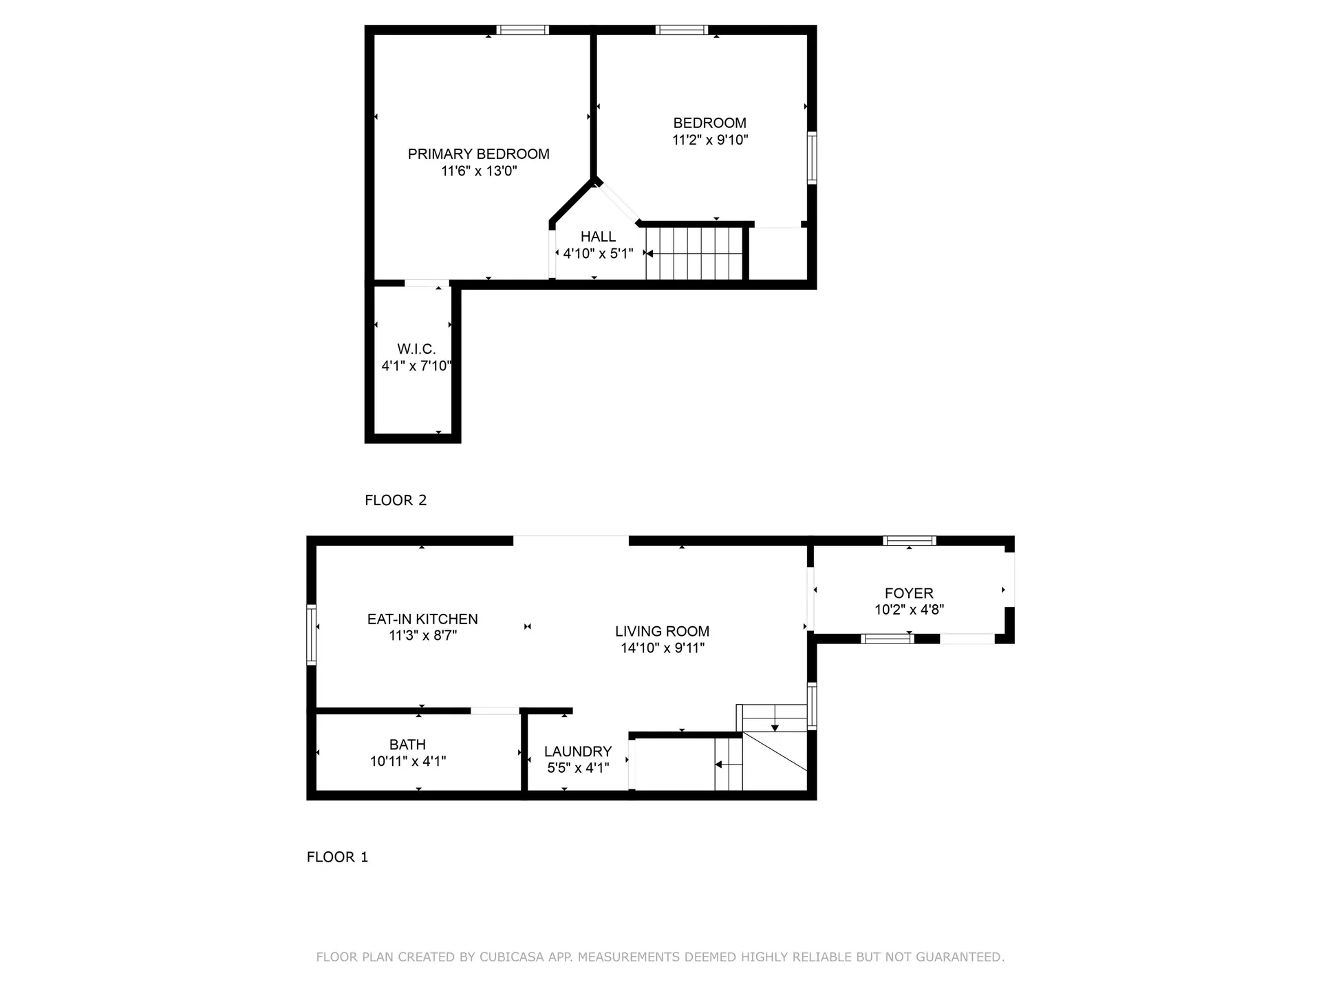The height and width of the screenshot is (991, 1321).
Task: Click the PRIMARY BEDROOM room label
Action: [479, 154]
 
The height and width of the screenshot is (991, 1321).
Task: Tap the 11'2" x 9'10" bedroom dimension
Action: [710, 140]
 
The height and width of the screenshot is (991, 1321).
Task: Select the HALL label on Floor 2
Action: [598, 237]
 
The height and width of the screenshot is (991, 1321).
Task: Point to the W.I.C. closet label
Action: [416, 349]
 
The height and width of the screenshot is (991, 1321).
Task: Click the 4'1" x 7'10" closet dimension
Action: [416, 365]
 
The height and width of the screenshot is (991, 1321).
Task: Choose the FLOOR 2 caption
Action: [396, 500]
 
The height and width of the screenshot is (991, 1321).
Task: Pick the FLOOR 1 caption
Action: [337, 857]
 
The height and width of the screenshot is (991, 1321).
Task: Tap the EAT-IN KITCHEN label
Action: [422, 619]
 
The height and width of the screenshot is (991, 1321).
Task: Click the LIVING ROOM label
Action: [663, 631]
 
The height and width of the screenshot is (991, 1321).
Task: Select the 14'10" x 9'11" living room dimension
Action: [663, 648]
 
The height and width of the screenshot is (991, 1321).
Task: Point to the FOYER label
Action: [909, 593]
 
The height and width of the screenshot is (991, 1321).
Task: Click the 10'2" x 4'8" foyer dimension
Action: [909, 610]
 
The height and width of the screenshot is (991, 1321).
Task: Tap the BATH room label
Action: [407, 745]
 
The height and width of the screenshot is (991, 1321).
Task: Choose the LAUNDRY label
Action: [578, 752]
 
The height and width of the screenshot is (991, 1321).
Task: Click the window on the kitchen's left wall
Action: [312, 635]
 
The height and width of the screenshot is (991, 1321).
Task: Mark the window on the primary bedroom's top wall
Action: [523, 30]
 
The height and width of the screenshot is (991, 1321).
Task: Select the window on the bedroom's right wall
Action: [812, 158]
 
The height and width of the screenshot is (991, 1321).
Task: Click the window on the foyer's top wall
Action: [910, 540]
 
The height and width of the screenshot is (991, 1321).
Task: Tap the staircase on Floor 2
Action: [695, 253]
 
